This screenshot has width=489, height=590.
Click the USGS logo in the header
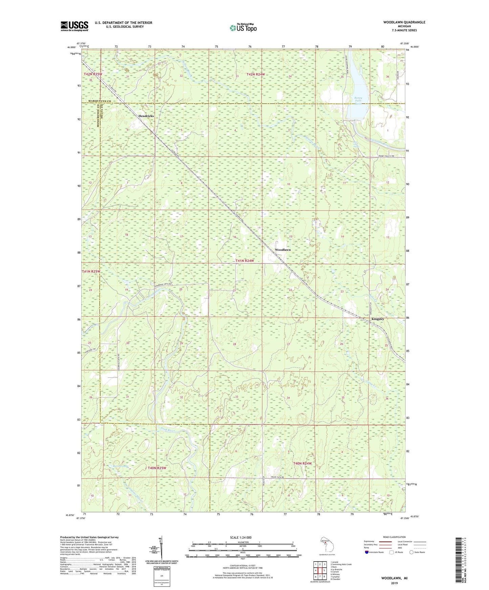click(74, 26)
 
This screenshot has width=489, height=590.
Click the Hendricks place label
click(146, 116)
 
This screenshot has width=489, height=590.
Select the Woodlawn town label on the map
click(283, 250)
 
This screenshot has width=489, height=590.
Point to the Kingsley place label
click(378, 319)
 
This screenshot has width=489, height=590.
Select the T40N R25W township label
click(157, 468)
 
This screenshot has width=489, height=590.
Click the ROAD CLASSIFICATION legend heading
click(395, 537)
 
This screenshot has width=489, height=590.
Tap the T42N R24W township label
click(255, 74)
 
